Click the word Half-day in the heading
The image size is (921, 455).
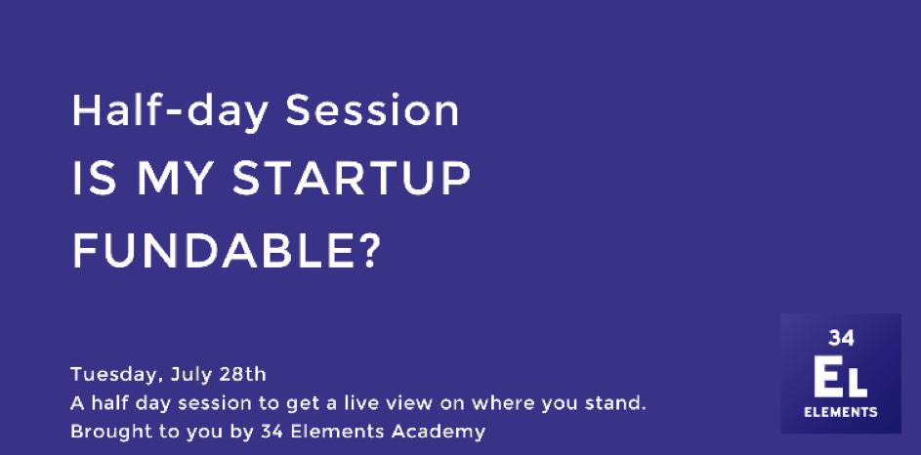(x=170, y=111)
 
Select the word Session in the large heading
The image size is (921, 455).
(x=372, y=111)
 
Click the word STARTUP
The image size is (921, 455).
(x=352, y=179)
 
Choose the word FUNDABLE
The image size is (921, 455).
(x=212, y=251)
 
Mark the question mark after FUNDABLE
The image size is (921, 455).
(x=369, y=251)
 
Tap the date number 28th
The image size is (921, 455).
(x=242, y=374)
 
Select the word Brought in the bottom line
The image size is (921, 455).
(x=102, y=433)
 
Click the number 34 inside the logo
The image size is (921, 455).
(x=841, y=338)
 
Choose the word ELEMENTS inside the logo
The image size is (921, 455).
(x=841, y=412)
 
